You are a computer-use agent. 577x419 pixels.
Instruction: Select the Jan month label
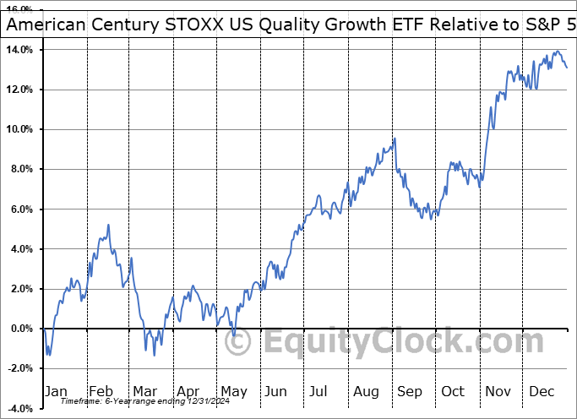(x=57, y=392)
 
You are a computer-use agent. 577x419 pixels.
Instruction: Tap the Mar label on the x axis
(x=144, y=392)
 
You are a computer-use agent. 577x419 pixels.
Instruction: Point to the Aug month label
(x=365, y=392)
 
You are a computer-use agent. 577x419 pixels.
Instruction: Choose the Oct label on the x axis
(x=453, y=392)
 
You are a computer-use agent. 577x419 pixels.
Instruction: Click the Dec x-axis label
(x=541, y=392)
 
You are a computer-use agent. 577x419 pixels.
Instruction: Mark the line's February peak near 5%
(x=108, y=225)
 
